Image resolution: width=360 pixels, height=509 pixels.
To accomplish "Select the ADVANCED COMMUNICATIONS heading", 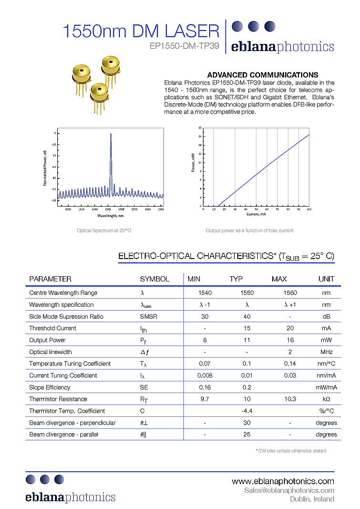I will [263, 75].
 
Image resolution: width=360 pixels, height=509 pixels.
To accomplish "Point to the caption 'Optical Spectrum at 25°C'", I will [104, 230].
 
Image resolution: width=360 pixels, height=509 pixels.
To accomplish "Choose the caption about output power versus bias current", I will [249, 230].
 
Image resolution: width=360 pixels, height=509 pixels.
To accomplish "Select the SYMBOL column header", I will [154, 279].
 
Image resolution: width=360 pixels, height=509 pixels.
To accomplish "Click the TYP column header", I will [236, 279].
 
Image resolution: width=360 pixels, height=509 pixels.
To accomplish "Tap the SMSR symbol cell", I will [148, 316].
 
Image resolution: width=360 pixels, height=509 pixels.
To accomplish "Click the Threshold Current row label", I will [53, 328].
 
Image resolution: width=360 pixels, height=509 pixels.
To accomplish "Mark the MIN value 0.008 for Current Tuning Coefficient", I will [205, 375].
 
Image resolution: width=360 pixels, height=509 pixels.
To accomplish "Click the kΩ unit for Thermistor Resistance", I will [326, 399].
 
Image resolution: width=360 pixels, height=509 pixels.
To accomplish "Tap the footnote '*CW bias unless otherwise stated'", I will [291, 450].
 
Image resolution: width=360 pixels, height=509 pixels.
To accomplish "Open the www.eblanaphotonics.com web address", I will [283, 481].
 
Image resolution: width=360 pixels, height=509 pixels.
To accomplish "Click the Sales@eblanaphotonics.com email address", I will [289, 490].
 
